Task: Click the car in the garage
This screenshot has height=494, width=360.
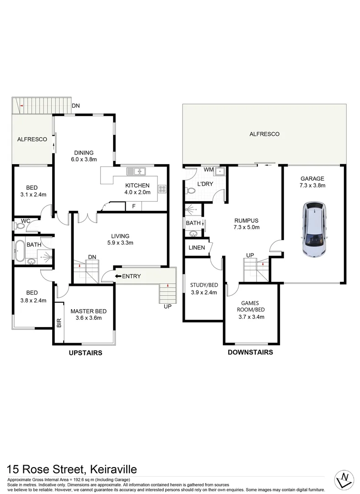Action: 314,230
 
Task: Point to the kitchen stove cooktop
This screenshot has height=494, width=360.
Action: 162,188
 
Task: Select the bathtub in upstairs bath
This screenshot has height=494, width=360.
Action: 19,252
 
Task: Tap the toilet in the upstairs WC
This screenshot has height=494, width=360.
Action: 21,226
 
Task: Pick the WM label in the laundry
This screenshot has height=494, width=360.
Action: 209,170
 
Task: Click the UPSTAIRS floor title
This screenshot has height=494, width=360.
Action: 85,353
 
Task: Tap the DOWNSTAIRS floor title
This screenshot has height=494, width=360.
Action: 250,352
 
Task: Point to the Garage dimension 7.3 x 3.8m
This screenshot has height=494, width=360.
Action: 312,185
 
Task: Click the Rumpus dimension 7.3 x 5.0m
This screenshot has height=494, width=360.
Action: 247,227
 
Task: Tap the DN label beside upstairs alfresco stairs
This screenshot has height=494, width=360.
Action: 75,106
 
